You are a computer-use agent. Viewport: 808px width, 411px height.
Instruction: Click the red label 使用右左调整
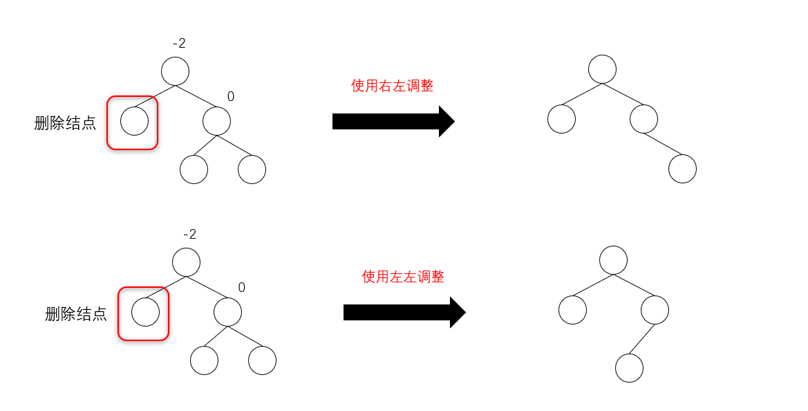tap(392, 86)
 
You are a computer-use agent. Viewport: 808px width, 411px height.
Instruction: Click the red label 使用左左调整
tap(403, 277)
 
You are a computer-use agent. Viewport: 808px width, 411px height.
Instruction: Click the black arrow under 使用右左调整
tap(393, 122)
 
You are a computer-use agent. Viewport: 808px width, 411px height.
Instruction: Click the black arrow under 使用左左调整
tap(404, 313)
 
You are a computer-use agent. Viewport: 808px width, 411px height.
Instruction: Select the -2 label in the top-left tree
tap(179, 44)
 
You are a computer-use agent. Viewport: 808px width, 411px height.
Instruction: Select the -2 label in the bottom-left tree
tap(189, 235)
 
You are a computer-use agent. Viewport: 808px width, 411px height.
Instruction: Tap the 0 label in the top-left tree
tap(231, 97)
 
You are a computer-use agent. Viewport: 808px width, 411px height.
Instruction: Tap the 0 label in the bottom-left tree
tap(242, 288)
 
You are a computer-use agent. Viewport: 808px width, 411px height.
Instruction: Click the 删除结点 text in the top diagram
tap(65, 124)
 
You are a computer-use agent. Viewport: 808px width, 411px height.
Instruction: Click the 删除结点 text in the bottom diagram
tap(76, 315)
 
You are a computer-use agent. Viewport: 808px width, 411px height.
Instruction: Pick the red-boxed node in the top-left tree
tap(134, 122)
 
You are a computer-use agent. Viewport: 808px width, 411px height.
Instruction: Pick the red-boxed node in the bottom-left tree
tap(145, 313)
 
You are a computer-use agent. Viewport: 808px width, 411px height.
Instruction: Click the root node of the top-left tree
tap(175, 71)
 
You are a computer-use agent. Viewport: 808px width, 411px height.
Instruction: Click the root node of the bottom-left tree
tap(186, 262)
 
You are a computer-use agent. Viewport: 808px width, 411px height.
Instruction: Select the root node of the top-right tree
tap(602, 69)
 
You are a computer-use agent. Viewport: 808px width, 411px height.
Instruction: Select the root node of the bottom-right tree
tap(613, 260)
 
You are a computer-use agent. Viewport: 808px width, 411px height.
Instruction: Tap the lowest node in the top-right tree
tap(682, 169)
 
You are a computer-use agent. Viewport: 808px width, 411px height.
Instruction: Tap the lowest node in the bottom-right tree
tap(629, 368)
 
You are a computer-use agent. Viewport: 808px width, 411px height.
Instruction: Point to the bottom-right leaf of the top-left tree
tap(252, 170)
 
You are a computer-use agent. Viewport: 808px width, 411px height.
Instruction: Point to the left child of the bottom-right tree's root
tap(572, 310)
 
